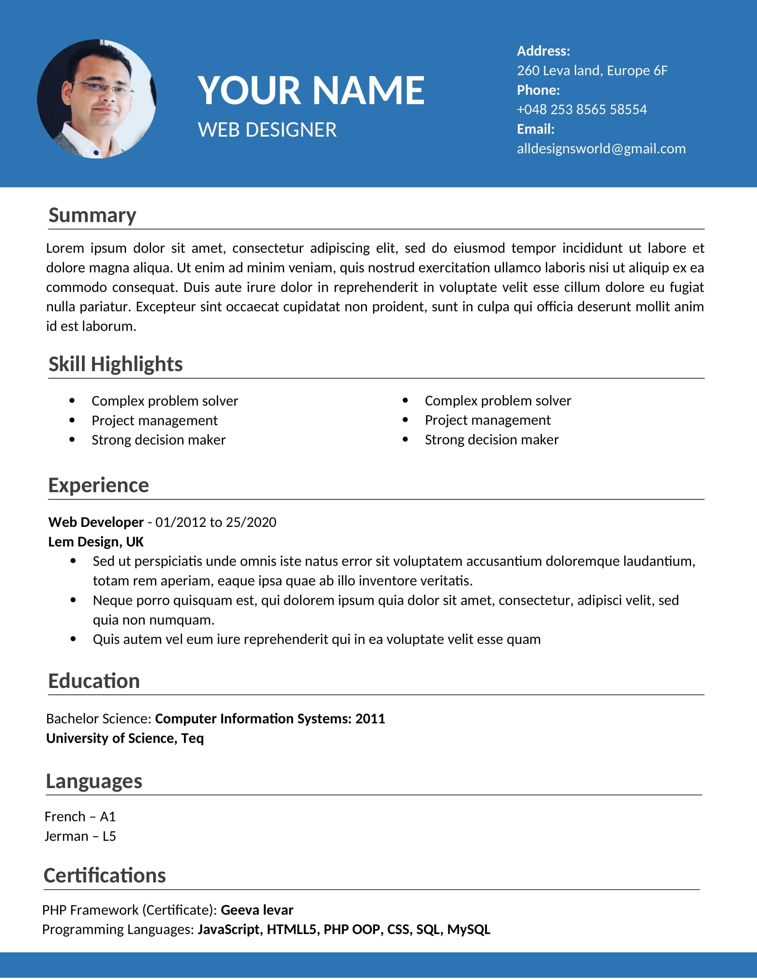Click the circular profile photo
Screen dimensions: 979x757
coord(97,99)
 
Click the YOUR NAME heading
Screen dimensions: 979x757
coord(311,90)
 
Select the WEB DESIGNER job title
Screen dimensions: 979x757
coord(267,130)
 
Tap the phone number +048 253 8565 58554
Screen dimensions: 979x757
coord(582,109)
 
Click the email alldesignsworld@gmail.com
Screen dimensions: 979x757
coord(601,148)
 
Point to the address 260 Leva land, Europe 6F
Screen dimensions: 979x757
coord(592,70)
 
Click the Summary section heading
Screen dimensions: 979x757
coord(92,215)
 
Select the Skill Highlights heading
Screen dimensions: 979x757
coord(115,364)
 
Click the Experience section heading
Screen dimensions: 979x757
coord(98,485)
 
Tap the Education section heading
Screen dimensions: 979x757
coord(94,681)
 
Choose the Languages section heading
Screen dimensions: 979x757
coord(94,781)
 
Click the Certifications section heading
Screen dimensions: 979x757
coord(105,875)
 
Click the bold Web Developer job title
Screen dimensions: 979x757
coord(96,522)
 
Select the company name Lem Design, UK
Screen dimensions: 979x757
coord(96,542)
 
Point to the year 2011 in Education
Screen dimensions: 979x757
coord(370,719)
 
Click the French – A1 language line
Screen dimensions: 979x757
coord(80,816)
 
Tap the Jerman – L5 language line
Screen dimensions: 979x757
coord(80,836)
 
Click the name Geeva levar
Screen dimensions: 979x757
coord(257,910)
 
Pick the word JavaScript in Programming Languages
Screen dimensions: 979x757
coord(229,929)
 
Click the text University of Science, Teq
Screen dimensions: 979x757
coord(125,738)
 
